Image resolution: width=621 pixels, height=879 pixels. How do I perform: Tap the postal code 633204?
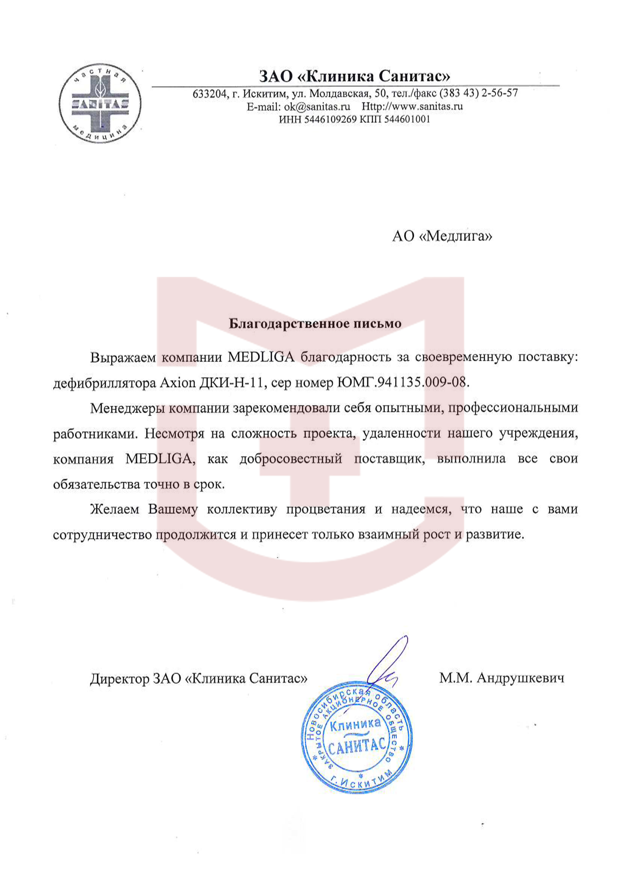209,94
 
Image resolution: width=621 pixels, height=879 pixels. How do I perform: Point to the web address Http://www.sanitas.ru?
412,106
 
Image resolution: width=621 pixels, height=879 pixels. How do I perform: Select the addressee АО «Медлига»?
442,236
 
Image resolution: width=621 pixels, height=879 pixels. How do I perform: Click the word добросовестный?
291,459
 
